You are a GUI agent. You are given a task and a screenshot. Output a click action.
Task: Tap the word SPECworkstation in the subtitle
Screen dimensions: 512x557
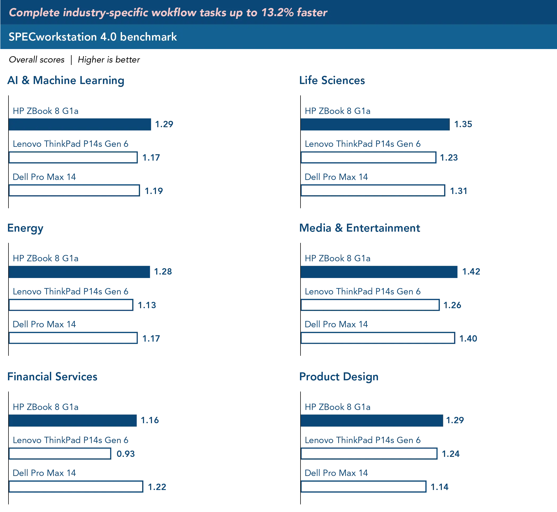pos(53,37)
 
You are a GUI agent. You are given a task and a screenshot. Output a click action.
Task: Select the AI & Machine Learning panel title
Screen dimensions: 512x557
pos(66,80)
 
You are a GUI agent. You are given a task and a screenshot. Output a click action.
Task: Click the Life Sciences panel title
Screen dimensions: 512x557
pos(332,80)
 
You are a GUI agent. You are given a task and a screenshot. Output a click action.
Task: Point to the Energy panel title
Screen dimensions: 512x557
pos(25,228)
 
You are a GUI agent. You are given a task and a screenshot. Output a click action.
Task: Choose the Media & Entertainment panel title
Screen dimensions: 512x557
pos(360,228)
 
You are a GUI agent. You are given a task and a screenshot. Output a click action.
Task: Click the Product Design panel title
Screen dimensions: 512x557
pos(339,377)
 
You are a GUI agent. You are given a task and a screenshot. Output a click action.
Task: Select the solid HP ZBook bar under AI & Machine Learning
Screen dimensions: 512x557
pos(81,124)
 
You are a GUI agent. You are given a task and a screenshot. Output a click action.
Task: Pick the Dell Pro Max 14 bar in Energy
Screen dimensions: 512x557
pos(73,338)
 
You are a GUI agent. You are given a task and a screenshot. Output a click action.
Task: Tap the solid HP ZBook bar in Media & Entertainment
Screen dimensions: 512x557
pos(379,272)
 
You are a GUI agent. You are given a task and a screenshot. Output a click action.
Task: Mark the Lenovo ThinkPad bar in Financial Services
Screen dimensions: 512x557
pos(61,454)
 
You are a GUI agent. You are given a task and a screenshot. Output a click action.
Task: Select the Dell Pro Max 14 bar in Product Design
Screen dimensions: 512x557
pos(364,487)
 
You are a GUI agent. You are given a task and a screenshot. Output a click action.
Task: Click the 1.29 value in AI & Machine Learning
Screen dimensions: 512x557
pos(164,124)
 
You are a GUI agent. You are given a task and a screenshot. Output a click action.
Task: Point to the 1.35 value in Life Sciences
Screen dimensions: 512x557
pos(463,124)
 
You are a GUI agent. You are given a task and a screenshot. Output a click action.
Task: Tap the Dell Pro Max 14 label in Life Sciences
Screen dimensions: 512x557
pos(336,176)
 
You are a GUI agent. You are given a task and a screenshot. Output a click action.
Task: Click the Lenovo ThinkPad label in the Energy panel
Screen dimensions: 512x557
pos(71,291)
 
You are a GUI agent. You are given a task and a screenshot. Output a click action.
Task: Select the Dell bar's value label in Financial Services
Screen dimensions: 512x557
pos(157,487)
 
